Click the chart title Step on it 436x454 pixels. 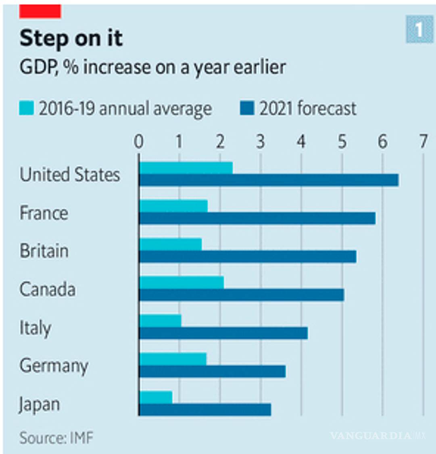pos(71,39)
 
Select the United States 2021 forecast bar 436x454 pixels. pos(269,180)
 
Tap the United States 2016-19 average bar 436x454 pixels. pos(186,168)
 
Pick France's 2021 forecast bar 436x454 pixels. pos(257,218)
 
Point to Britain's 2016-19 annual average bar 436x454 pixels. pos(171,244)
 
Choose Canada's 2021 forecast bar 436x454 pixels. pos(241,295)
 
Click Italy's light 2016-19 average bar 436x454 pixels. pos(160,321)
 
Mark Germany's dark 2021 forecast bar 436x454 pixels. pos(212,371)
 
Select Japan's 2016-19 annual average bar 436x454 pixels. pos(156,397)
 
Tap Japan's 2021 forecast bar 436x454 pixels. pos(205,410)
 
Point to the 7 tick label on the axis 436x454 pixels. pos(423,142)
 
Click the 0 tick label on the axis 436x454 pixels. pos(139,142)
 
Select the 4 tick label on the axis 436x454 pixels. pos(301,142)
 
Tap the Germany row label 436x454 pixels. pos(54,366)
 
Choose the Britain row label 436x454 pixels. pos(44,251)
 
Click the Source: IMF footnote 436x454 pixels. pos(56,438)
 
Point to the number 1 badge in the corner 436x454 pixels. pos(419,30)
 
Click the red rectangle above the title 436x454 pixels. pos(40,11)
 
